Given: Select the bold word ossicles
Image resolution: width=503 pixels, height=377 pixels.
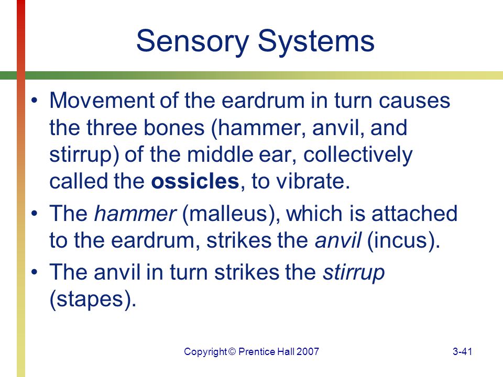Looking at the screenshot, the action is [x=195, y=181].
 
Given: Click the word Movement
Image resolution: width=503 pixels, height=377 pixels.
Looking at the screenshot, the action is [x=102, y=101].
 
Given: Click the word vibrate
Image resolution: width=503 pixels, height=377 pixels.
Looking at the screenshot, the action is [x=313, y=181].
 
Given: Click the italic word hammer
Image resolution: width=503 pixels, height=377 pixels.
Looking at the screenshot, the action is [x=135, y=213].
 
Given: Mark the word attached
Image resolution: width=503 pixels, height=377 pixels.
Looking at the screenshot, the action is [x=414, y=213].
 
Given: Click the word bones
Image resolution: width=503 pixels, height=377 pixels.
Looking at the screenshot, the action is [x=173, y=128].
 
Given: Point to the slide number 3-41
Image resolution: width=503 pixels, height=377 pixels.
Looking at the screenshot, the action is [x=462, y=352].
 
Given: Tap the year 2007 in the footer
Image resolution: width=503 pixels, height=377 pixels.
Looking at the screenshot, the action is [x=308, y=352].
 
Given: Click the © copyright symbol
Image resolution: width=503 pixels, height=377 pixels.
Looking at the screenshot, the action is [x=232, y=352].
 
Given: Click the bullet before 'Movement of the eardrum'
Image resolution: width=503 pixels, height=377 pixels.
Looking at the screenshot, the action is [x=35, y=101].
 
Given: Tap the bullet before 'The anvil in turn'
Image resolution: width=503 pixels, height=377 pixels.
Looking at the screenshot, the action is [x=35, y=272].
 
